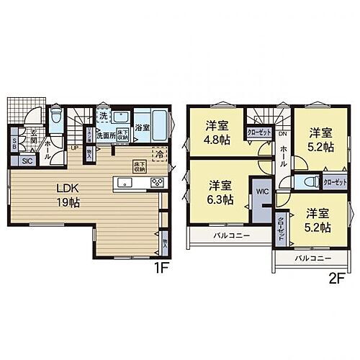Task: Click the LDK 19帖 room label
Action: click(68, 195)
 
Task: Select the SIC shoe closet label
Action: click(27, 161)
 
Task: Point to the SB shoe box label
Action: click(14, 143)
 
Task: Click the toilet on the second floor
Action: click(309, 181)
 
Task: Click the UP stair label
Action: click(75, 148)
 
